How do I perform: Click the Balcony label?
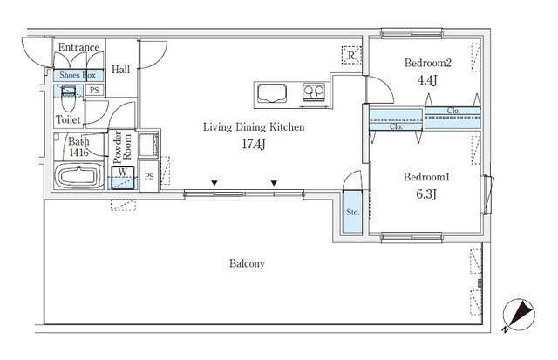pos(247,263)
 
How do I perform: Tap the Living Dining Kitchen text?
pos(254,127)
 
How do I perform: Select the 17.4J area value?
pos(254,144)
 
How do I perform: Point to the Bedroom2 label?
pos(428,63)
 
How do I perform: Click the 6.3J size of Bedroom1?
pos(426,194)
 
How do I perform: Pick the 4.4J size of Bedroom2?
pos(427,80)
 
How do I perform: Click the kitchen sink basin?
pos(272,93)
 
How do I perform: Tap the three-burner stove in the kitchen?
pos(314,92)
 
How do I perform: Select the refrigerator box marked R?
pos(351,56)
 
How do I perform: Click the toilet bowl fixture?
pos(68,98)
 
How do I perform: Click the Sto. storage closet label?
pos(353,213)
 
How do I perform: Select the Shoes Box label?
pos(78,75)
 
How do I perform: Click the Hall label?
pos(120,70)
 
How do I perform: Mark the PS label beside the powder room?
pos(149,176)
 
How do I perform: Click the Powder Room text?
pos(122,147)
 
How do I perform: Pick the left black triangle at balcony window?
pos(214,183)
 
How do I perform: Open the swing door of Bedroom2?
pos(379,90)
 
